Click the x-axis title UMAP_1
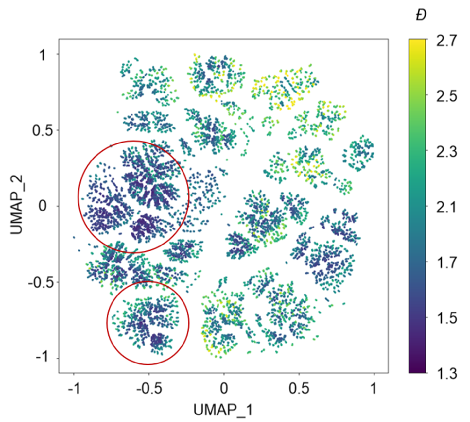[223, 410]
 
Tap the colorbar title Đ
[421, 15]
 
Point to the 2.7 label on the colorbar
[446, 42]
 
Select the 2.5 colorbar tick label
[446, 96]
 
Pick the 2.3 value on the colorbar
[446, 151]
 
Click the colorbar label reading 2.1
[446, 207]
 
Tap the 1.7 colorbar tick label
[446, 262]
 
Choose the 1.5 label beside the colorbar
[446, 317]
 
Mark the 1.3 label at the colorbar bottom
[446, 373]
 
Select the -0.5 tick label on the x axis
[149, 388]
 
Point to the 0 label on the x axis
[224, 388]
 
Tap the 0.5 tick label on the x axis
[299, 388]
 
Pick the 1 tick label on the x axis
[374, 388]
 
